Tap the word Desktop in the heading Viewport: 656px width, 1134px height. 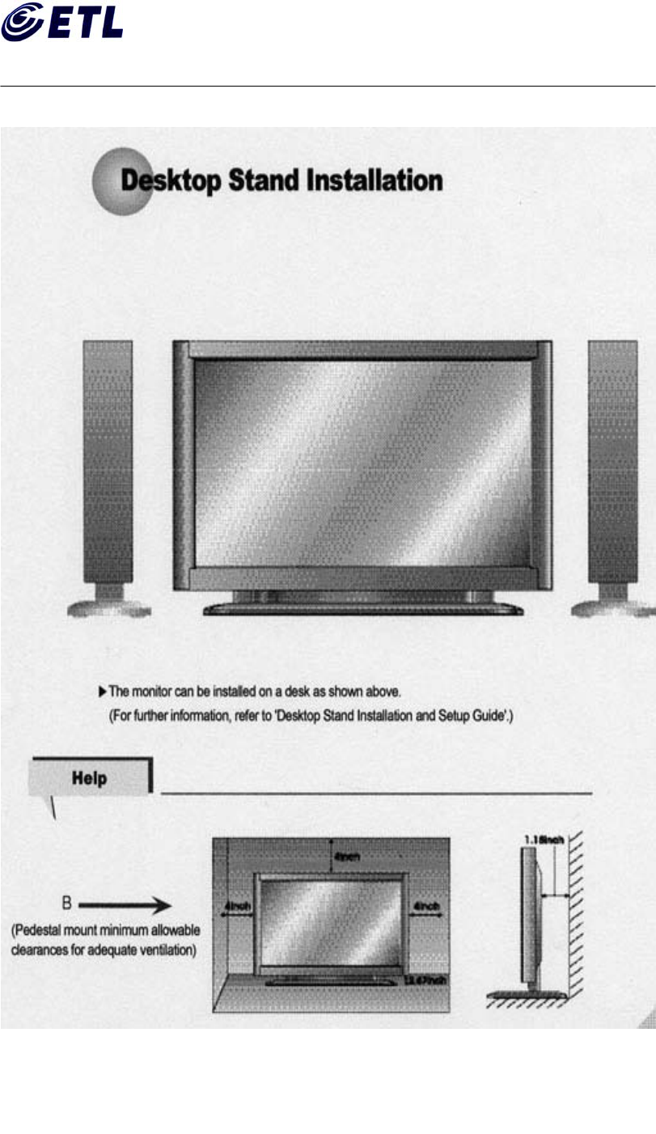coord(171,180)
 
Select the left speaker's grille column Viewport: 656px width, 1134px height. coord(108,461)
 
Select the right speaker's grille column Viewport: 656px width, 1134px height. coord(612,461)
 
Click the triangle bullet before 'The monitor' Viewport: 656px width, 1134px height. coord(102,691)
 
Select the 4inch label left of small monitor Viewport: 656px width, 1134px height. coord(235,908)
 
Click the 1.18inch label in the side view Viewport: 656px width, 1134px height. coord(544,841)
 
